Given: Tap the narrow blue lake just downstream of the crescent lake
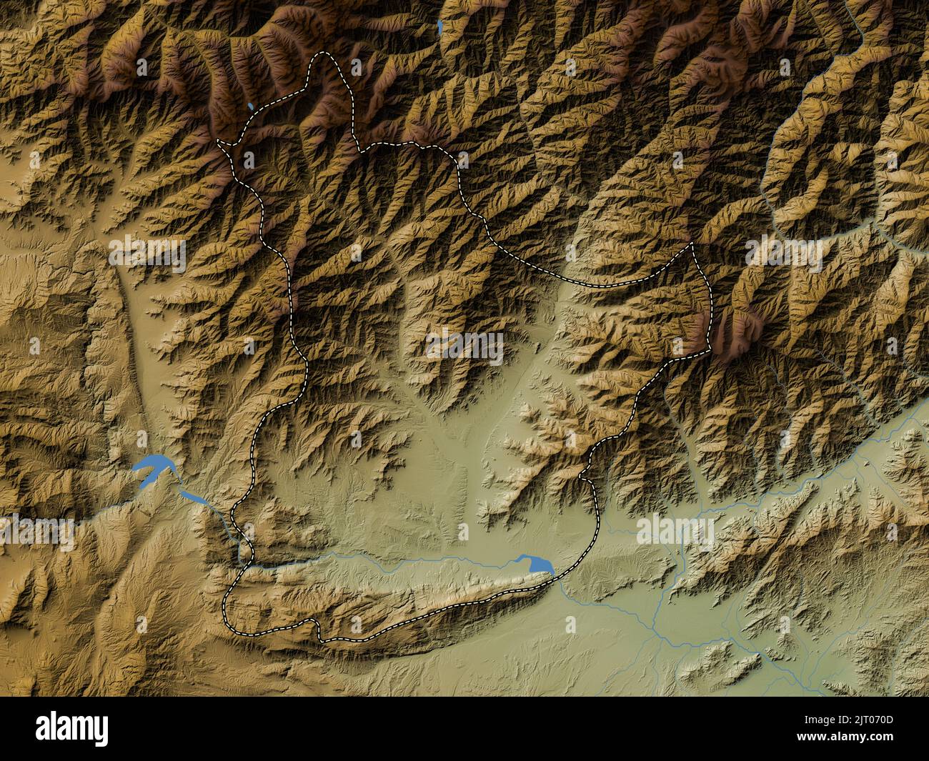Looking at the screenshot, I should point(192,495).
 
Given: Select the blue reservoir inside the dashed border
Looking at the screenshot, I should point(537,564).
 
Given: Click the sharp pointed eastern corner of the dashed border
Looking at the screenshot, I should point(692,244).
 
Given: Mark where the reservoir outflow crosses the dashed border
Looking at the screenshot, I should point(556,577).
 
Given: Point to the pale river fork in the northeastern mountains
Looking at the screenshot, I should point(876,227).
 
